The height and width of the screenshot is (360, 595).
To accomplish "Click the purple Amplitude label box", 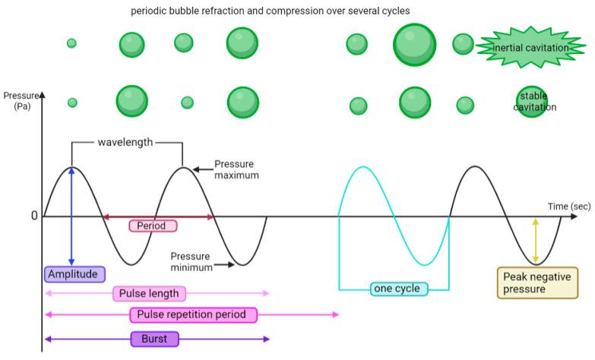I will [74, 274].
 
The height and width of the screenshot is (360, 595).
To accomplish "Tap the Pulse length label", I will [149, 294].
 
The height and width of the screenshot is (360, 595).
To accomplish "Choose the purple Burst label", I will [154, 339].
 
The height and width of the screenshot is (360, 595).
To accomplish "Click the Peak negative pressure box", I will [536, 283].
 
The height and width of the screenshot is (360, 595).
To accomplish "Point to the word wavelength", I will [125, 142].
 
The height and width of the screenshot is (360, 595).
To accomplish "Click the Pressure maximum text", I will [236, 169].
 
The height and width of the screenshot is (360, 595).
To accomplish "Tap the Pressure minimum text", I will [190, 262].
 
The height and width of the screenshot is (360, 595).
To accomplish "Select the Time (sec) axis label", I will [569, 206].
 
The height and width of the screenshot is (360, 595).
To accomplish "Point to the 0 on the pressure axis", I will [34, 216].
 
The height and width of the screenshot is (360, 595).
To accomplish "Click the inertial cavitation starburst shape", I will [530, 48].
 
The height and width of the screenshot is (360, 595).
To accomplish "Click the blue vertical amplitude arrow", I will [71, 216].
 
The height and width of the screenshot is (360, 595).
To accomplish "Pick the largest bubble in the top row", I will [414, 45].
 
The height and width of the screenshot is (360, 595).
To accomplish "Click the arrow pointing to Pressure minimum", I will [223, 265].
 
